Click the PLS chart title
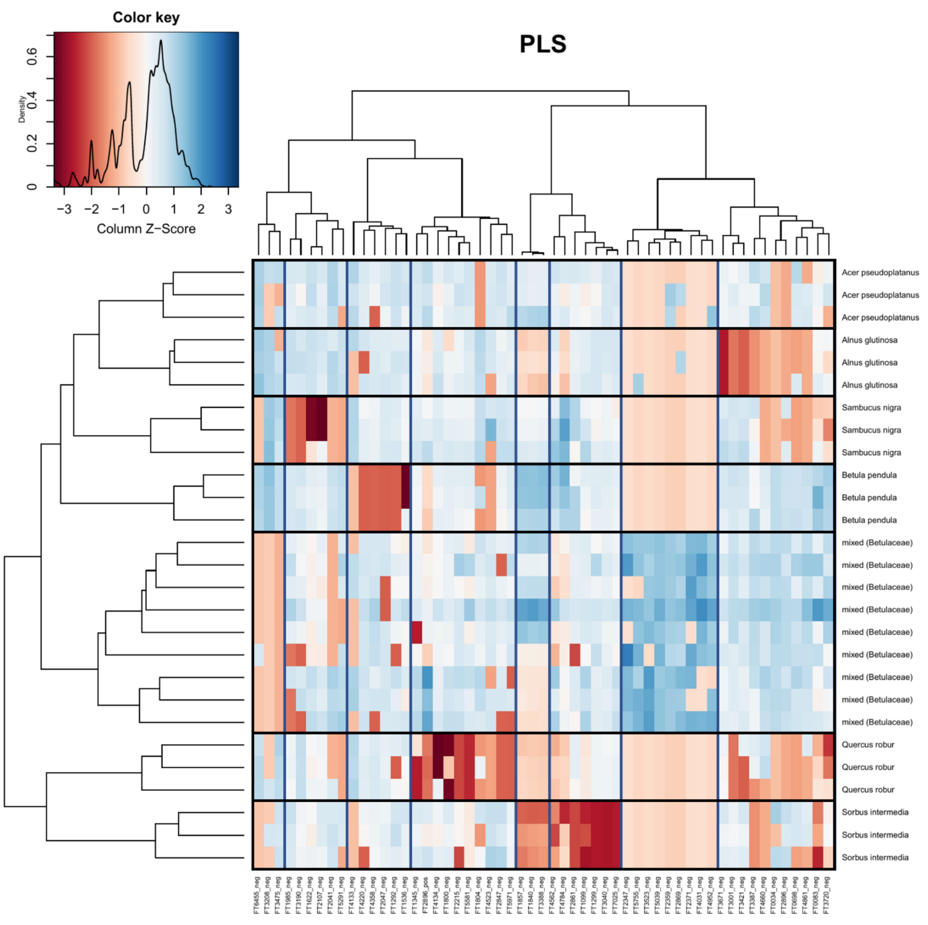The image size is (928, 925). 543,44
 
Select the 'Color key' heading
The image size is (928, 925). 146,18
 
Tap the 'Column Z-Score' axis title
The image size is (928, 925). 146,229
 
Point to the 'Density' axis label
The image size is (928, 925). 22,109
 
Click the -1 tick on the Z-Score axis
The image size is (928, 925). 119,209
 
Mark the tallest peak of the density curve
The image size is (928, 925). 161,41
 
